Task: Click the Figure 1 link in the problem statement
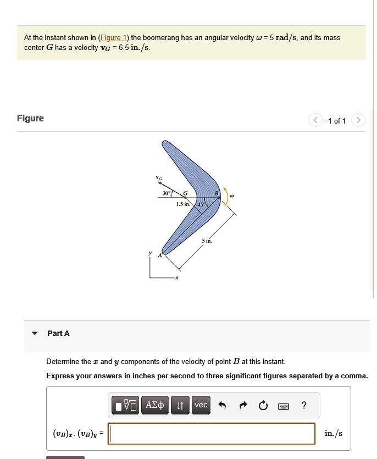coord(113,38)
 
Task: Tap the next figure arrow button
coord(358,120)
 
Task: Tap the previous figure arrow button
coord(315,120)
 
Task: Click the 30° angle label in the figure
coord(166,193)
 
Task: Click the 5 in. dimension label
coord(207,241)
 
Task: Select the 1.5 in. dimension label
coord(183,204)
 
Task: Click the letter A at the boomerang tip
coord(160,255)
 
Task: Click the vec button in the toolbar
coord(201,405)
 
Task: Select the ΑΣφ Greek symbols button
coord(155,405)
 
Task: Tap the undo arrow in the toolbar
coord(222,406)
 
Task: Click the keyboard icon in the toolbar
coord(283,406)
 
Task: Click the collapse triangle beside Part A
coord(35,333)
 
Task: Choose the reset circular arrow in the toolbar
coord(263,406)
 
